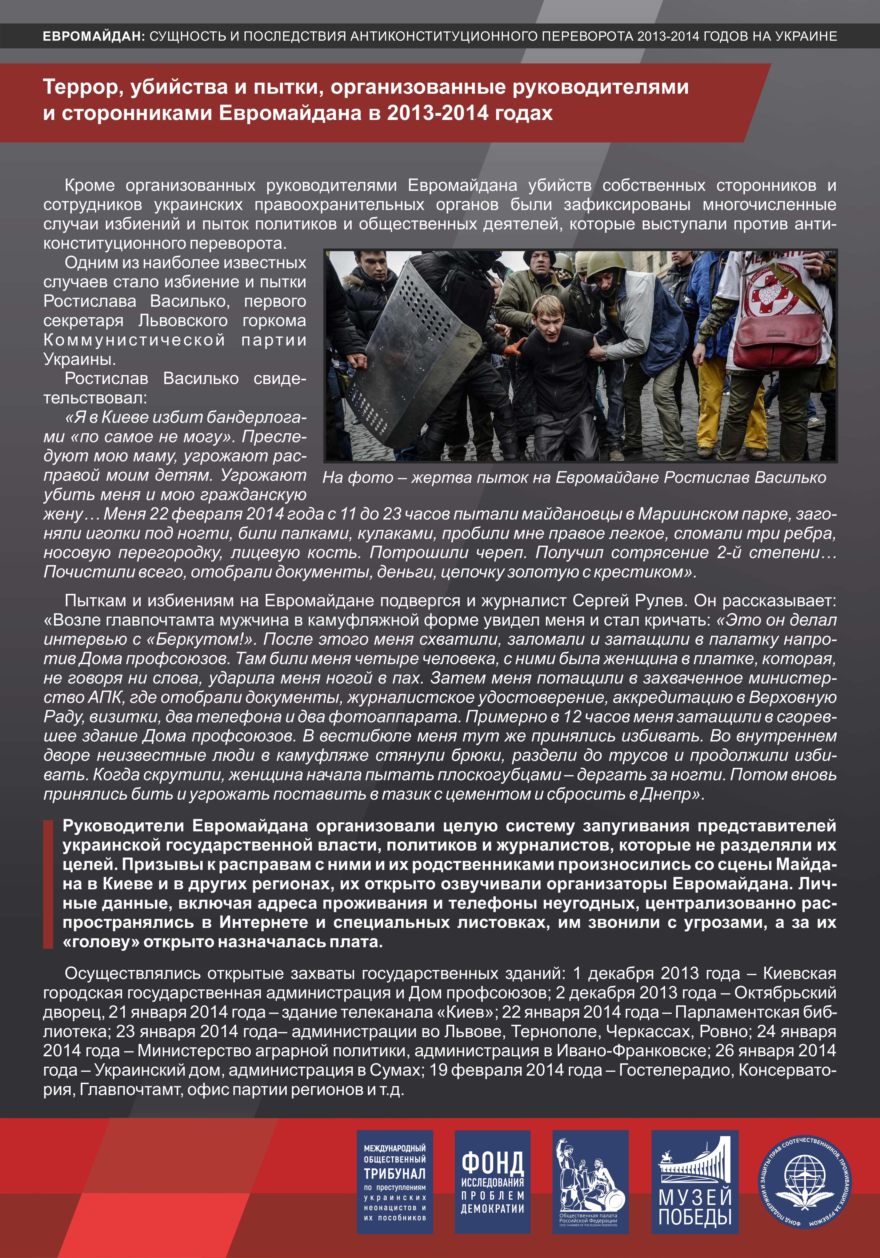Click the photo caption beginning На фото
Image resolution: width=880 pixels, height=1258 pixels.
(x=574, y=478)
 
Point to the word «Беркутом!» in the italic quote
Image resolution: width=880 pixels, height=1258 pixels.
(x=215, y=639)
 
